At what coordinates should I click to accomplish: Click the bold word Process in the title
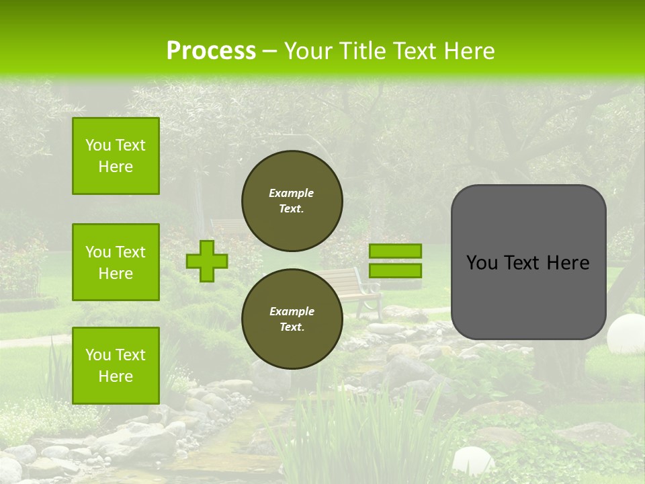211,51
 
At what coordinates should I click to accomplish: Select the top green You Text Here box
116,156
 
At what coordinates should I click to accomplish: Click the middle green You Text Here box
116,262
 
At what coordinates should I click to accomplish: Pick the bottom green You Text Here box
116,366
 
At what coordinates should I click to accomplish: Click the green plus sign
207,261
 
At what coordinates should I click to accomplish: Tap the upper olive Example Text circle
292,201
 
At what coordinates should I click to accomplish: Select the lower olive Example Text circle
292,319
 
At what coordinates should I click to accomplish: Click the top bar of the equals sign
395,251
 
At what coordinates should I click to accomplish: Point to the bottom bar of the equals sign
395,271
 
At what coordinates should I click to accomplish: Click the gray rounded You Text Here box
528,262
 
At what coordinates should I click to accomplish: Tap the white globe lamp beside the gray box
627,333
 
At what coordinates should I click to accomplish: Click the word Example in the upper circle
292,193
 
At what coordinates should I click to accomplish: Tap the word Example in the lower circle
292,311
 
